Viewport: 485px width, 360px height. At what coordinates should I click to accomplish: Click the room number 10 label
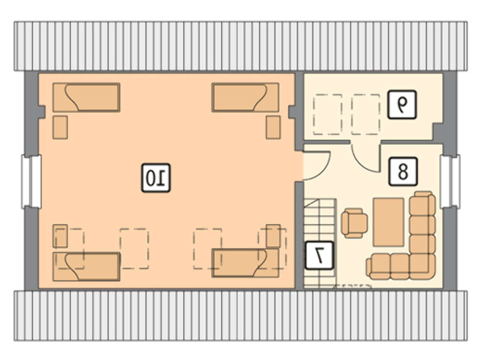(x=156, y=178)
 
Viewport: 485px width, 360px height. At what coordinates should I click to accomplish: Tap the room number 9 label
(x=402, y=104)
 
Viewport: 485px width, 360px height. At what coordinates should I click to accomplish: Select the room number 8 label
(x=403, y=171)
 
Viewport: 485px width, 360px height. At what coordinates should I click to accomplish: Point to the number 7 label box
(x=319, y=255)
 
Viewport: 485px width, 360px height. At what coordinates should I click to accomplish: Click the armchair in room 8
(x=355, y=223)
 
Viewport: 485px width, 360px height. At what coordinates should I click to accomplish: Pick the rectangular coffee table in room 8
(x=388, y=222)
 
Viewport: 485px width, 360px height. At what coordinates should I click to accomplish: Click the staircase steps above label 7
(x=320, y=220)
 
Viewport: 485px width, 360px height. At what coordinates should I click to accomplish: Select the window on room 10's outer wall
(x=32, y=181)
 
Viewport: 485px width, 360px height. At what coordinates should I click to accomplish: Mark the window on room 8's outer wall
(x=450, y=181)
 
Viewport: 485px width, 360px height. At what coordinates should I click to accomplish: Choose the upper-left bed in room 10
(x=86, y=97)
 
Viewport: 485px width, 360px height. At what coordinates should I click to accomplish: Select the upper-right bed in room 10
(x=245, y=97)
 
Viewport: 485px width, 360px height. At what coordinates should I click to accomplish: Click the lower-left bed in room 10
(x=86, y=266)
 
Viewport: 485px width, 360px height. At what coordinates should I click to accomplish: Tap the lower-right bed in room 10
(x=245, y=262)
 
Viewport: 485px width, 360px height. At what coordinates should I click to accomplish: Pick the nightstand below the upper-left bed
(x=60, y=127)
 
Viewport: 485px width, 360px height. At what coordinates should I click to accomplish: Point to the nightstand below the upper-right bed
(x=274, y=127)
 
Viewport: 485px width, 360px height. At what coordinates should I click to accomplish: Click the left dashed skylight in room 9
(x=327, y=115)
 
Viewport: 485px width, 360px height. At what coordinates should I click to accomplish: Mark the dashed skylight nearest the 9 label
(x=366, y=115)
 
